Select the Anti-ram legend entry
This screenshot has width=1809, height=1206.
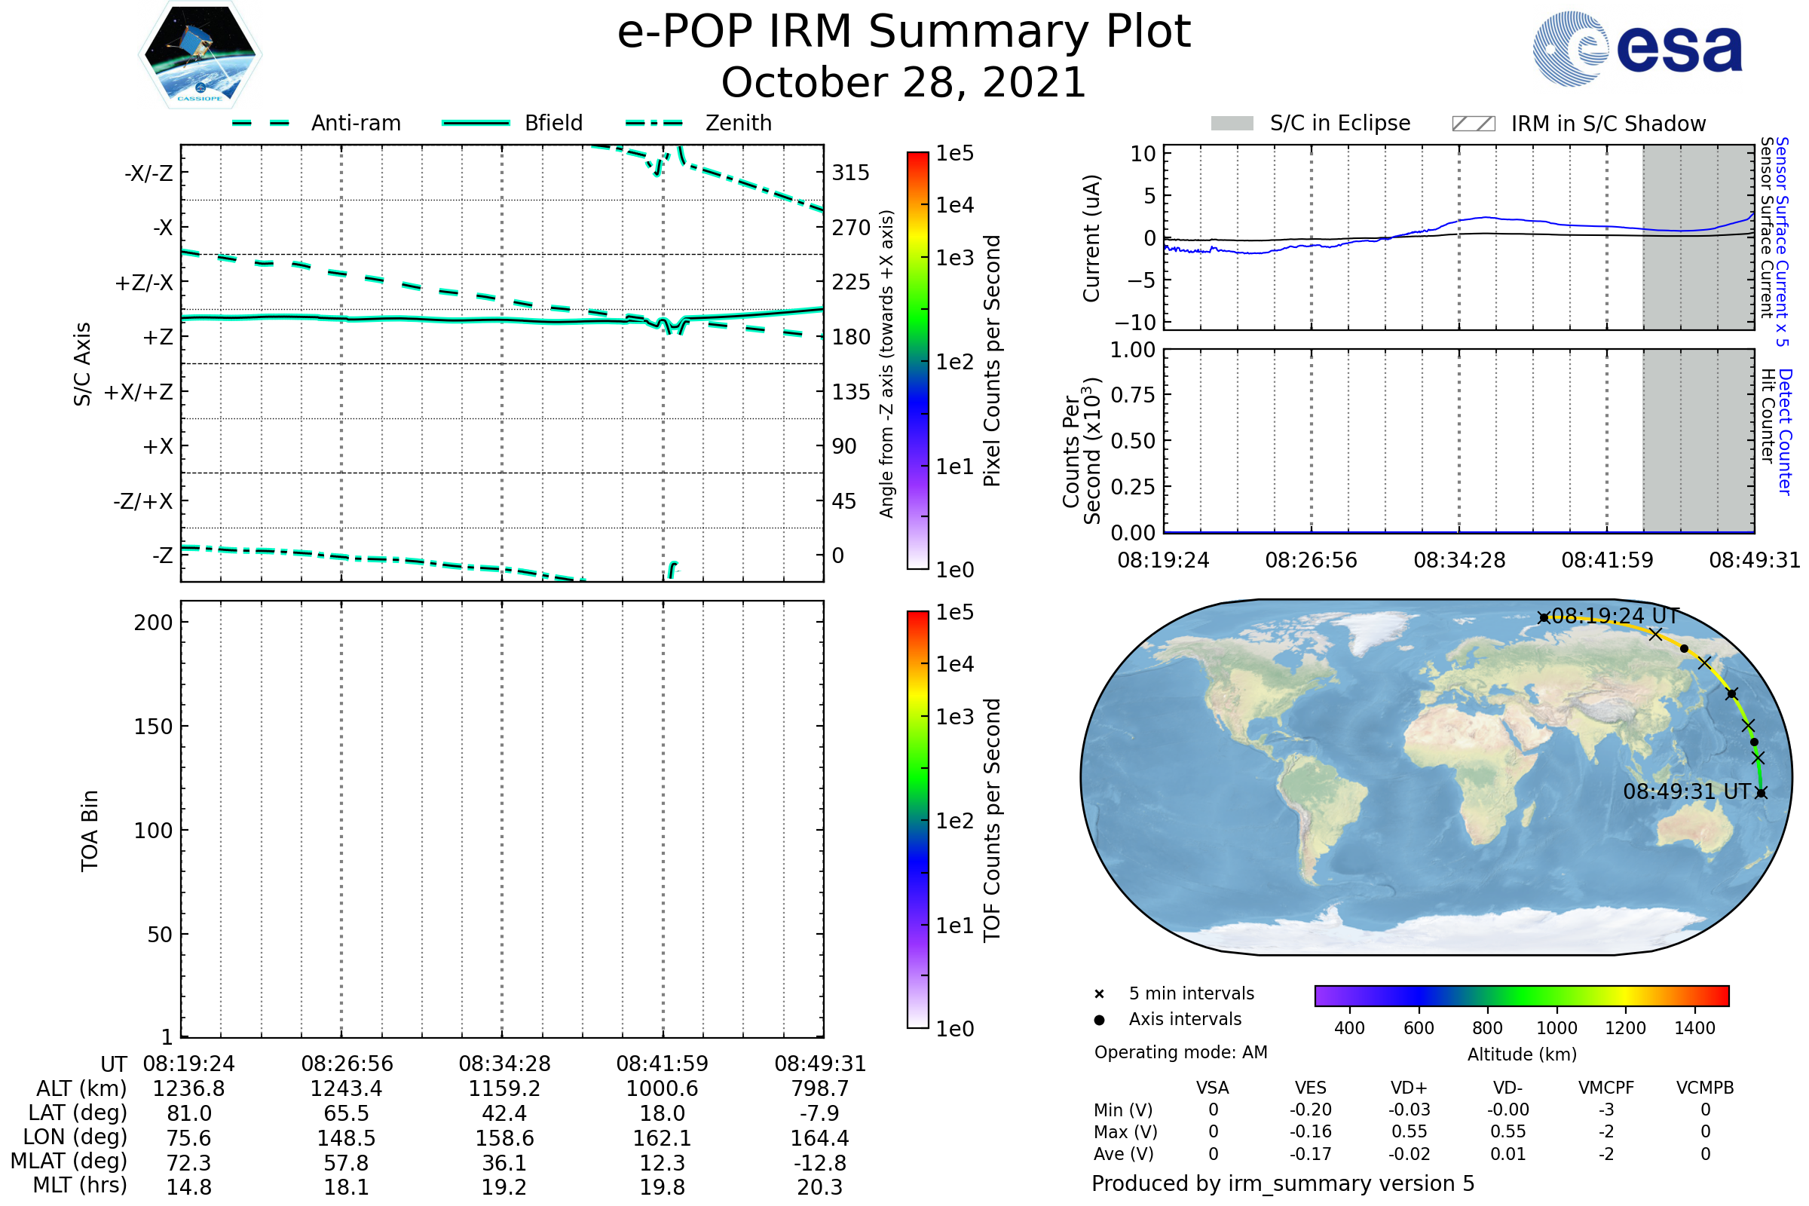355,123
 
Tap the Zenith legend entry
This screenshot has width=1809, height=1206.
738,123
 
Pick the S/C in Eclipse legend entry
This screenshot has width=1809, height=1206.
1339,123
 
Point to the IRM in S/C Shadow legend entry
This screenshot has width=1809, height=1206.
1608,124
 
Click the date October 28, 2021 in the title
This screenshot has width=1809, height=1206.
904,82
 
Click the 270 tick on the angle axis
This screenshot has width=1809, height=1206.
851,228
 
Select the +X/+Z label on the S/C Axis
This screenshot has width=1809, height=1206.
139,392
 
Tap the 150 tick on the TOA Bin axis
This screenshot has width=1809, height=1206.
153,726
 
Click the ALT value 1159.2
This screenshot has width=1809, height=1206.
504,1088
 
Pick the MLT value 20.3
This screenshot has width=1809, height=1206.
819,1186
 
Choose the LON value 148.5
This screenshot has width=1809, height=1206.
346,1137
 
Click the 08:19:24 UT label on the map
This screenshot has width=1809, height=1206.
1615,616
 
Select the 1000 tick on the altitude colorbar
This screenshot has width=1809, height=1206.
1556,1028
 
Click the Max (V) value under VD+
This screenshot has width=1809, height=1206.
1409,1131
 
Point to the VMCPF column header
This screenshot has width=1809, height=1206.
1606,1088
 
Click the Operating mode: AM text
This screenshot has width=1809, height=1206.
1180,1052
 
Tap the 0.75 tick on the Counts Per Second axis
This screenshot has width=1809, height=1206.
1133,394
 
